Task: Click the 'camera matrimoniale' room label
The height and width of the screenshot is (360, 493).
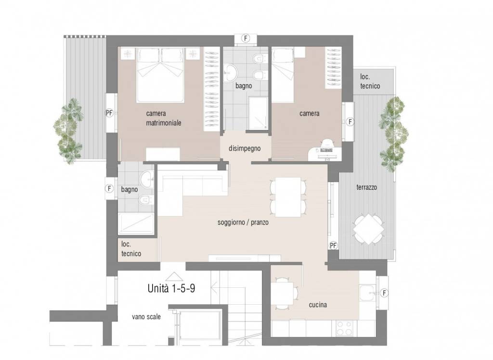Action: pyautogui.click(x=164, y=118)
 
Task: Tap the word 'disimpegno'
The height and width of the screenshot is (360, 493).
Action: pyautogui.click(x=245, y=148)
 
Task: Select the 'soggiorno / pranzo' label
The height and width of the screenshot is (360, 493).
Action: pyautogui.click(x=243, y=223)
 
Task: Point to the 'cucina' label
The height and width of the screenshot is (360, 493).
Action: pyautogui.click(x=318, y=305)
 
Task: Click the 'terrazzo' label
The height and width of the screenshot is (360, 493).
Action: pyautogui.click(x=366, y=187)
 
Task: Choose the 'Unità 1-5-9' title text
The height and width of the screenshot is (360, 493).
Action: pyautogui.click(x=171, y=288)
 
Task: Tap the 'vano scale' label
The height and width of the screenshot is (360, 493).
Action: pyautogui.click(x=146, y=317)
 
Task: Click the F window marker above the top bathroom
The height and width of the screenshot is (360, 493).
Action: pyautogui.click(x=246, y=39)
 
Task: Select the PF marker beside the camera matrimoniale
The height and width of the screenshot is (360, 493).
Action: pyautogui.click(x=109, y=113)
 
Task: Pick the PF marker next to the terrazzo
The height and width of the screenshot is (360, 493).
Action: pyautogui.click(x=333, y=245)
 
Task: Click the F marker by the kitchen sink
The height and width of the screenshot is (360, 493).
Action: pyautogui.click(x=384, y=293)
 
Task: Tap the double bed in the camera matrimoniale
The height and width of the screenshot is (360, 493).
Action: pyautogui.click(x=160, y=75)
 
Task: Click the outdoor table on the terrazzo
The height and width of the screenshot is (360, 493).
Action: pyautogui.click(x=368, y=229)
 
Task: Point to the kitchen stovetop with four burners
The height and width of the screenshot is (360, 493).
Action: pyautogui.click(x=344, y=328)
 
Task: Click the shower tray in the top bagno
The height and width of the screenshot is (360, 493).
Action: pyautogui.click(x=258, y=113)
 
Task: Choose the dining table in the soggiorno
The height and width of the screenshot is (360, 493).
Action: pyautogui.click(x=288, y=197)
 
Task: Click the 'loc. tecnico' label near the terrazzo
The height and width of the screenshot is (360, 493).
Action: pyautogui.click(x=370, y=81)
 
